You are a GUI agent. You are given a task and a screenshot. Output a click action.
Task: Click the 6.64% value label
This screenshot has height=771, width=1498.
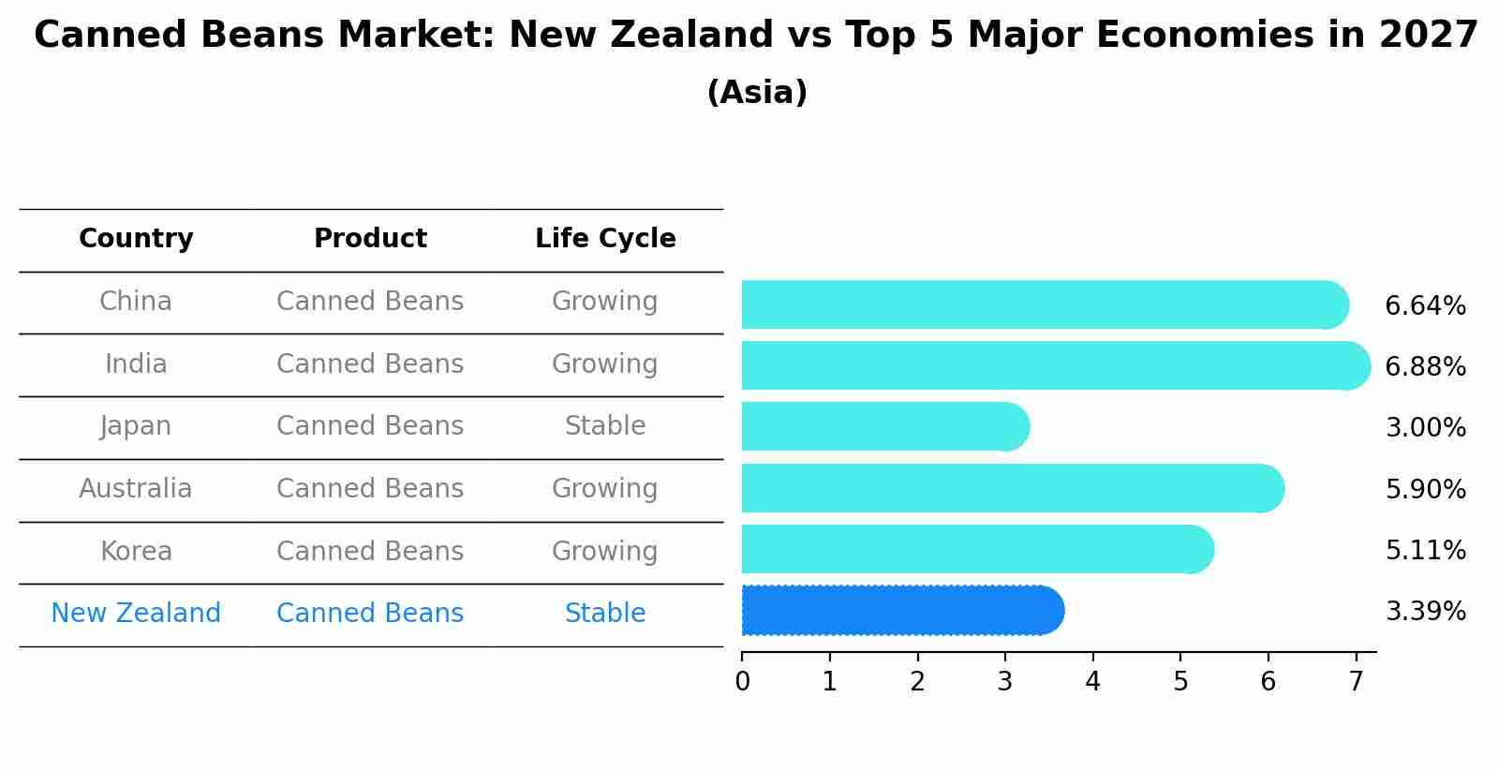click(x=1425, y=306)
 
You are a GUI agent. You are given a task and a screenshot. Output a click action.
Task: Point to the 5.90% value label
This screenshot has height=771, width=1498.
click(x=1425, y=489)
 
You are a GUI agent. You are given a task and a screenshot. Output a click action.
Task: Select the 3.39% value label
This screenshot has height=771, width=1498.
click(x=1425, y=612)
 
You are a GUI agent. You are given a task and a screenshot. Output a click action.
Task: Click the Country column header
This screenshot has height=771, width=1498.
click(x=136, y=239)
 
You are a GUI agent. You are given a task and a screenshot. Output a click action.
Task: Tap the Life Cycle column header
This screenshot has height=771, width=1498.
click(x=605, y=239)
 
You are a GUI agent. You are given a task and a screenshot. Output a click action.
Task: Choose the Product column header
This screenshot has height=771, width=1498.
click(x=370, y=239)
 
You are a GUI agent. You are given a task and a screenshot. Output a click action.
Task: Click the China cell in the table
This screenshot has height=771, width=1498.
click(x=136, y=302)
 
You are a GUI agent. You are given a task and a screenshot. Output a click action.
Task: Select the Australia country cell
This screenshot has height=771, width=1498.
click(x=136, y=489)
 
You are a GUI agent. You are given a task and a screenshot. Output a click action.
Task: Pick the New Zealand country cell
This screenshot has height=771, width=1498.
click(x=136, y=614)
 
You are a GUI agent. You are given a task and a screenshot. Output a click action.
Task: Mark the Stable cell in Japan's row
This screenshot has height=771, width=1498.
click(x=605, y=426)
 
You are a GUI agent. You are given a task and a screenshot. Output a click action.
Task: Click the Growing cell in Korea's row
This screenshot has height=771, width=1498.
click(x=605, y=551)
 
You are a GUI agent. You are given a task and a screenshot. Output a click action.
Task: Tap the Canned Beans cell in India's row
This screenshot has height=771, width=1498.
click(x=370, y=363)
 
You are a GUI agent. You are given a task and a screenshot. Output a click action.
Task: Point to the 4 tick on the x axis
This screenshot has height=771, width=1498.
click(x=1092, y=682)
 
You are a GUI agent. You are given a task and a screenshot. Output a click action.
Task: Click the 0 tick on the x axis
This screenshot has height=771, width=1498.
click(x=742, y=682)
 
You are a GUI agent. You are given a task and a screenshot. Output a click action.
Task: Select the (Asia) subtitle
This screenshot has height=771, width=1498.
click(x=757, y=93)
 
